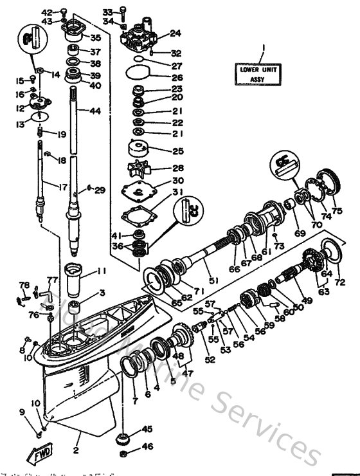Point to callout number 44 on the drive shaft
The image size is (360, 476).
click(95, 111)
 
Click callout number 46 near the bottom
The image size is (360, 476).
click(147, 446)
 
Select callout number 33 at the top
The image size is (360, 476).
click(107, 12)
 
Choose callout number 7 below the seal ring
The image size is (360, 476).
click(134, 401)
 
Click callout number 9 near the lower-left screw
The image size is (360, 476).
click(22, 412)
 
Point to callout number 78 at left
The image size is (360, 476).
click(24, 285)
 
